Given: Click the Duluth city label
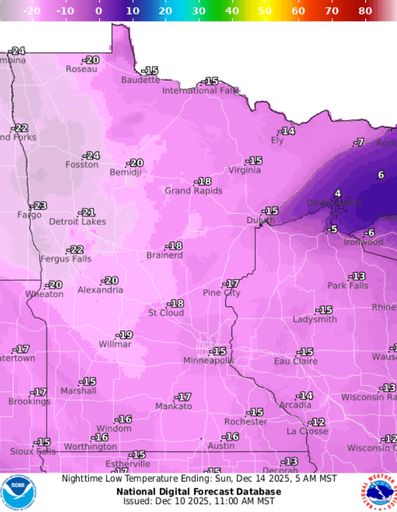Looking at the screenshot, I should tap(259, 220).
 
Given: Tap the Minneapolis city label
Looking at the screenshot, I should tap(208, 361).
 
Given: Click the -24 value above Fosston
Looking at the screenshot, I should tap(92, 156).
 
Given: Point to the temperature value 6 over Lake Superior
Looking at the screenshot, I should tap(381, 175).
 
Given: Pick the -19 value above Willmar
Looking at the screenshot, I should tap(125, 335).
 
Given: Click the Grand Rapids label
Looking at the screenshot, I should tap(193, 191).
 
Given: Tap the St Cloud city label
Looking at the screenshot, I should tap(166, 313).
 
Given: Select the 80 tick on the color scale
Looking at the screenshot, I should tap(365, 11).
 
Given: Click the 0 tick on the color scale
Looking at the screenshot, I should tap(98, 11).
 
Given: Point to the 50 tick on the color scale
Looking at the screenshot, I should tap(264, 11).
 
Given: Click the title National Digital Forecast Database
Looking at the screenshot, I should tap(198, 491).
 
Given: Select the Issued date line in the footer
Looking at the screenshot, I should tap(198, 501).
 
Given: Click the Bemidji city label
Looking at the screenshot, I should tap(126, 173).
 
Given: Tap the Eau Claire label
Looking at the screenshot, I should tap(296, 361).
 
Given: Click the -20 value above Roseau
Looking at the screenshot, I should tap(91, 60).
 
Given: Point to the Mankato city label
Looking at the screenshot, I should tap(174, 406).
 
